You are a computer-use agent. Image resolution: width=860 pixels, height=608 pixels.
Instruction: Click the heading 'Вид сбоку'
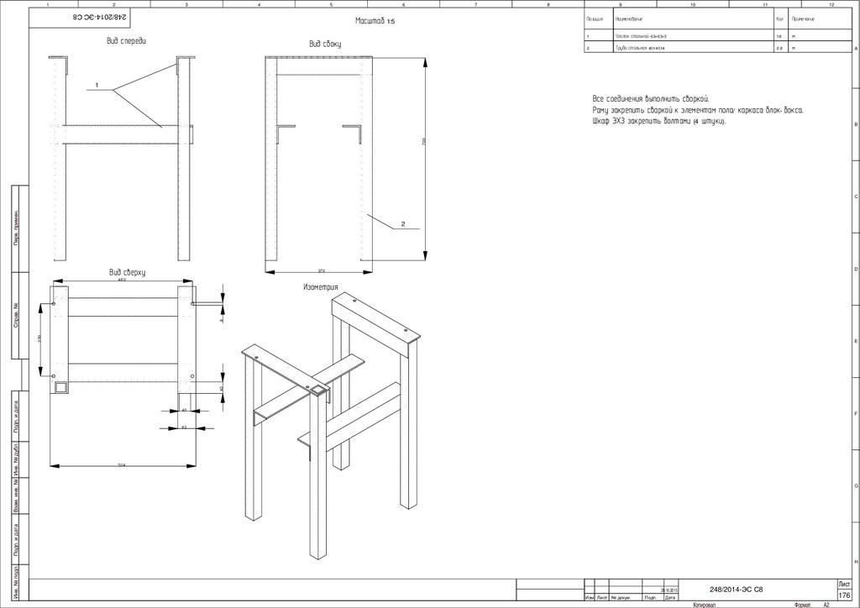tap(326, 44)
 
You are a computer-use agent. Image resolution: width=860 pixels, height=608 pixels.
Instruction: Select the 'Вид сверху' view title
tap(128, 272)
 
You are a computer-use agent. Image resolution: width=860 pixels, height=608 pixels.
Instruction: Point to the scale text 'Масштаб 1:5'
tap(375, 21)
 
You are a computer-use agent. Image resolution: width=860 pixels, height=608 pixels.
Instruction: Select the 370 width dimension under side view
tap(321, 270)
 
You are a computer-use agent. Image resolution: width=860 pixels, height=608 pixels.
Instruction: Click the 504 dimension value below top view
tap(122, 464)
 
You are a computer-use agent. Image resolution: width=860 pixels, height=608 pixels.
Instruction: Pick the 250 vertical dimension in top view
tap(39, 338)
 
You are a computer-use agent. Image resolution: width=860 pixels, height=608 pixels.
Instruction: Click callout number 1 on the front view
tap(97, 86)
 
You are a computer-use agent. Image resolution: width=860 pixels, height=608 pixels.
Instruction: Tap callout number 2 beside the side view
tap(403, 224)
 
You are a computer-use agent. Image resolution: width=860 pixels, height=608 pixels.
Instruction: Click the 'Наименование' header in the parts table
tap(630, 18)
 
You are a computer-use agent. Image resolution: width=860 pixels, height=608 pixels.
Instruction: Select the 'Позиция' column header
tap(595, 18)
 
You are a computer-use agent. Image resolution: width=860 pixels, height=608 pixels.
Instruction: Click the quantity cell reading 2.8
tap(780, 49)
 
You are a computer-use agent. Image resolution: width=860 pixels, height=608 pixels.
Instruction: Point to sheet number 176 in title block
tap(844, 595)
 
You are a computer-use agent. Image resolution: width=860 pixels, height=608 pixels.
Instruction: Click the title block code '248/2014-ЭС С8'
tap(736, 589)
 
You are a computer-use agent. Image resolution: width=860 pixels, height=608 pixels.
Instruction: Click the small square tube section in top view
tap(60, 387)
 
